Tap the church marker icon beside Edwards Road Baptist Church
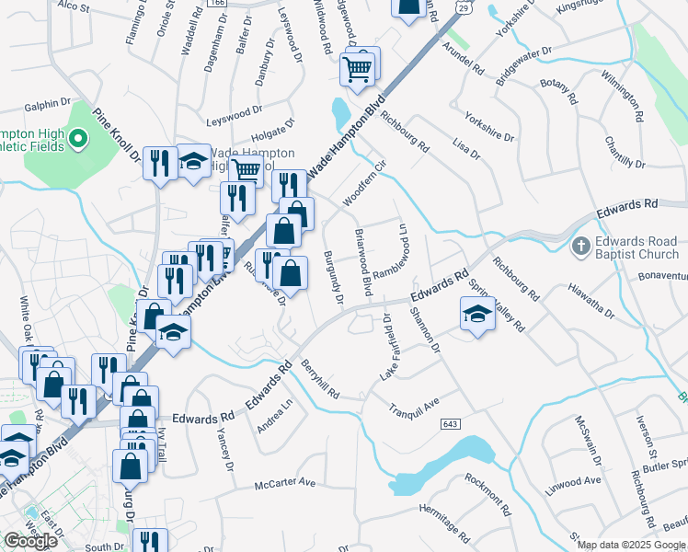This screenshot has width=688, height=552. (580, 247)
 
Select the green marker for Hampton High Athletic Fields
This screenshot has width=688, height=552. (78, 140)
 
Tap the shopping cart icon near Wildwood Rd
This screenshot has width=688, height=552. (358, 66)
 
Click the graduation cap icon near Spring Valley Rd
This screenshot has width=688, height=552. (477, 315)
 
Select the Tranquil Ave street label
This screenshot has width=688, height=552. (414, 406)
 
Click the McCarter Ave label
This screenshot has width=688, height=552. (285, 482)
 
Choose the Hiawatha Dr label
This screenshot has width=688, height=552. (591, 301)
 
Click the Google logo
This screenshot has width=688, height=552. (30, 541)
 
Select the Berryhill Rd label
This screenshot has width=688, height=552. (320, 379)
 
